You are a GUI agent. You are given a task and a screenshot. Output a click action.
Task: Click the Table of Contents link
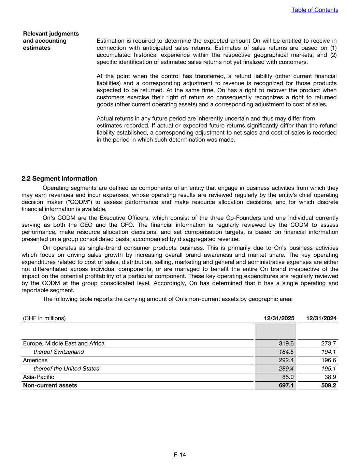point(315,10)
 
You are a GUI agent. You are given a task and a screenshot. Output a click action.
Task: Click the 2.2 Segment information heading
point(59,179)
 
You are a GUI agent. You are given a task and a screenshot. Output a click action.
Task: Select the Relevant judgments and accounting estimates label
point(51,41)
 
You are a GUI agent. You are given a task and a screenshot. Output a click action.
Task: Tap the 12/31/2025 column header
point(279,318)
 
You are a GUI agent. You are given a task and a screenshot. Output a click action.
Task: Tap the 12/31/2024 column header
point(321,318)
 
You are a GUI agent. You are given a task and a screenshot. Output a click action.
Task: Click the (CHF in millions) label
point(44,318)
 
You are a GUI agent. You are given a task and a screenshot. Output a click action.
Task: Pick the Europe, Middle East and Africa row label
point(64,343)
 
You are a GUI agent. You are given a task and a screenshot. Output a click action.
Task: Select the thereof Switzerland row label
point(59,352)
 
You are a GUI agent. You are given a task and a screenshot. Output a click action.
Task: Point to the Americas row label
point(35,360)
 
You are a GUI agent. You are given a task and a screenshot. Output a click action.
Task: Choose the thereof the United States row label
point(66,369)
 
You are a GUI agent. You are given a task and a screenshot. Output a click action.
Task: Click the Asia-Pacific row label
point(39,377)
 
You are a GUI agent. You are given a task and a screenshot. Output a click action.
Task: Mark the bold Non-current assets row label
point(50,385)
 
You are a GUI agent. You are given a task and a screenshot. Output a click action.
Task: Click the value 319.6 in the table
point(286,343)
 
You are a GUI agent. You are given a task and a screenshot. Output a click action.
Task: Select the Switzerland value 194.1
point(329,352)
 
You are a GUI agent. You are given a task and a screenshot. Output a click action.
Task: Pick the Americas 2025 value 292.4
point(286,360)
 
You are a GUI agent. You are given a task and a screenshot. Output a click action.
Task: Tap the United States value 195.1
point(329,369)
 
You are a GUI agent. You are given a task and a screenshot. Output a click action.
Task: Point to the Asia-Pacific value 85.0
point(288,377)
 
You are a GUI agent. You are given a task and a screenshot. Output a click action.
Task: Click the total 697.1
point(286,385)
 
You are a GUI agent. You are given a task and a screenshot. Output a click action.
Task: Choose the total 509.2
point(329,385)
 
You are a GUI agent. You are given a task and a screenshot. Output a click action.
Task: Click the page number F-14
point(180,454)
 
